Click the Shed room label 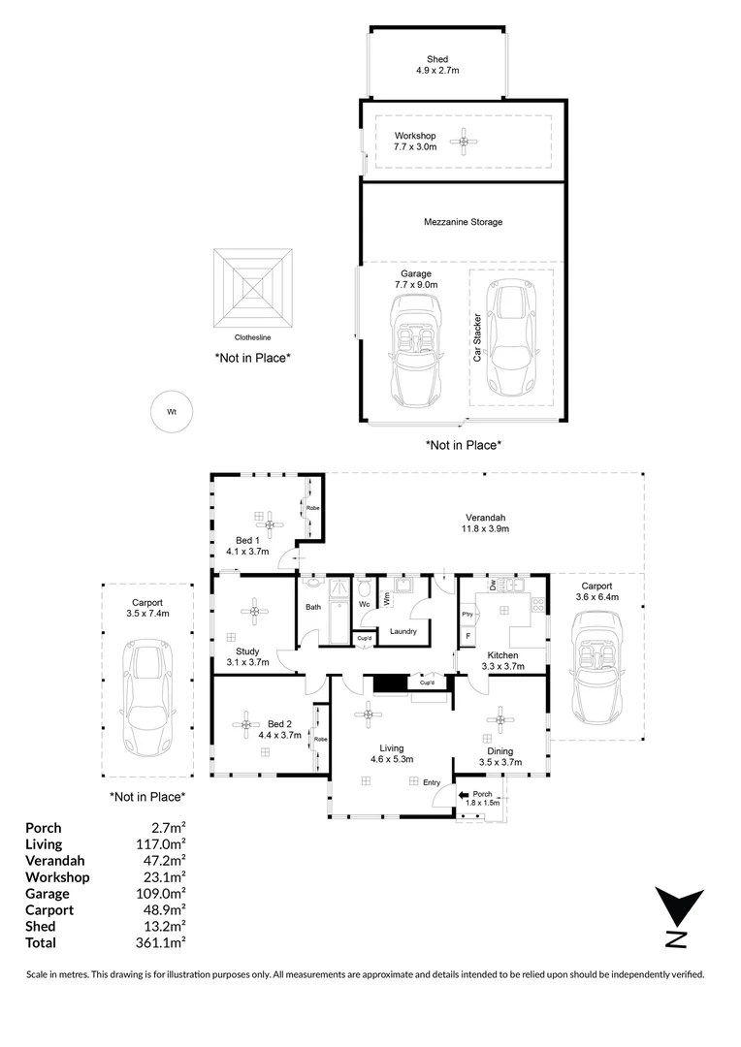click(437, 59)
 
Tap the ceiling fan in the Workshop click(464, 142)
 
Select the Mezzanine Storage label click(463, 222)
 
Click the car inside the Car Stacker click(511, 337)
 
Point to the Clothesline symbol click(253, 289)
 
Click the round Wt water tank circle click(172, 412)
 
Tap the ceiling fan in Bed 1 click(270, 524)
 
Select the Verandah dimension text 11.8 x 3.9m click(485, 529)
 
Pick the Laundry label click(403, 631)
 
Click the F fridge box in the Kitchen click(468, 636)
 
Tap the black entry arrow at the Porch click(464, 795)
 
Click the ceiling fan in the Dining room click(500, 719)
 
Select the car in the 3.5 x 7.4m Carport click(147, 698)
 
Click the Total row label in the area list click(41, 943)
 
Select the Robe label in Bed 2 click(321, 739)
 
